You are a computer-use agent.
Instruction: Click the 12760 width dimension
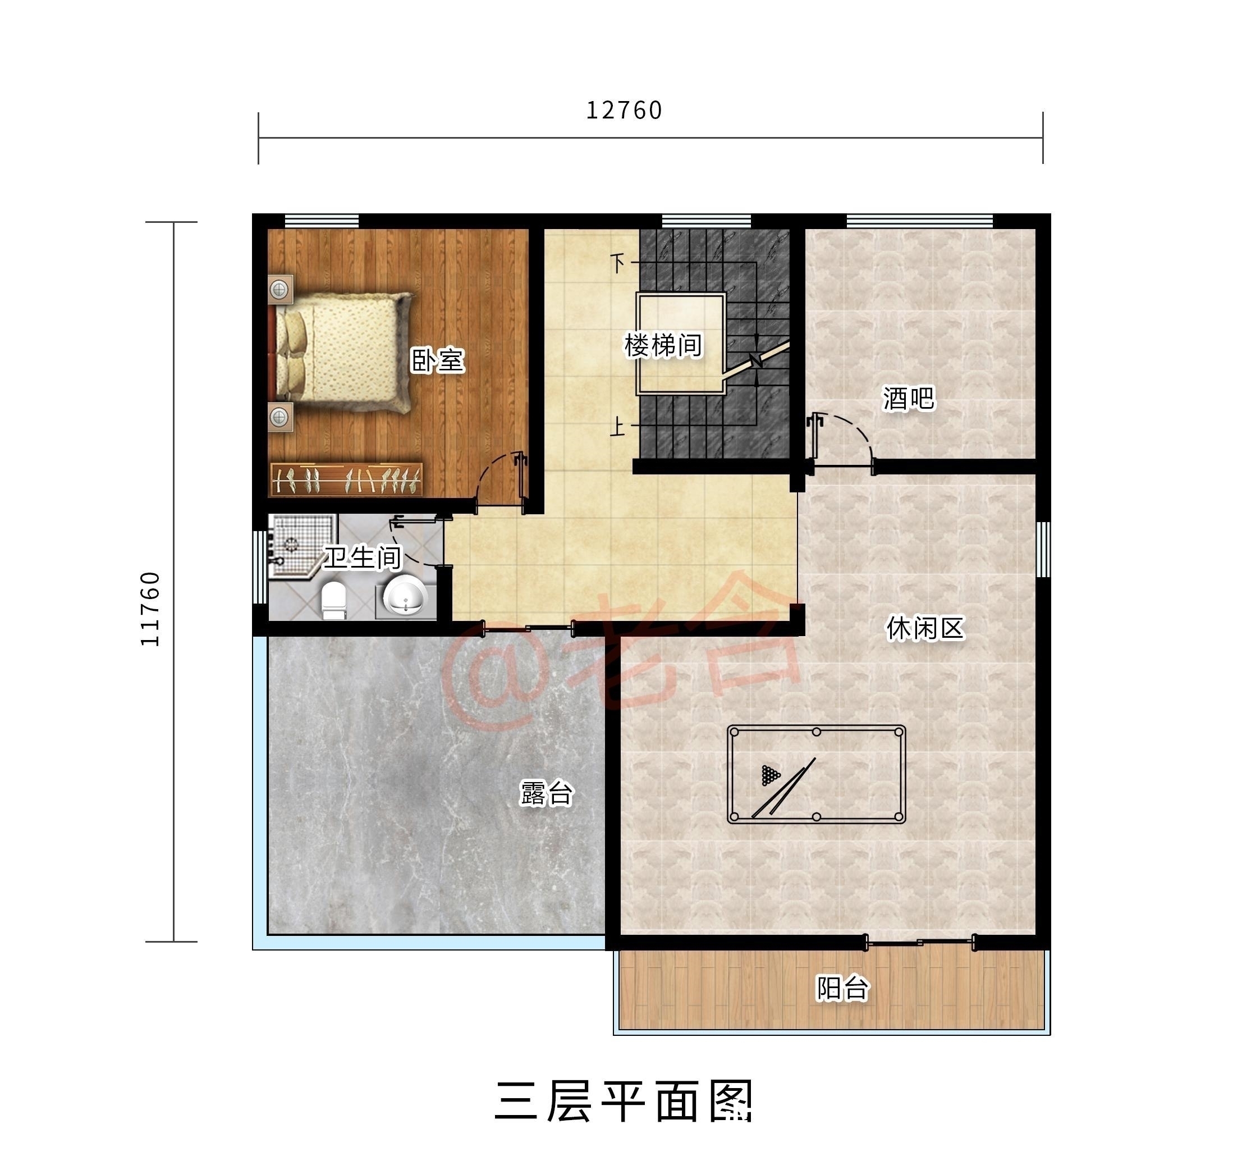coord(624,111)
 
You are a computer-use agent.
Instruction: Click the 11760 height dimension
coord(150,609)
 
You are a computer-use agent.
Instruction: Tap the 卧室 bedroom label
coord(437,360)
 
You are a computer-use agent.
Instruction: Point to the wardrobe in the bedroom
coord(347,479)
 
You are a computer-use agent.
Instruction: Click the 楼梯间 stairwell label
coord(663,345)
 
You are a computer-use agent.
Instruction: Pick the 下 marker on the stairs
coord(617,263)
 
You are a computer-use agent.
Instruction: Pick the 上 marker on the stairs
coord(617,427)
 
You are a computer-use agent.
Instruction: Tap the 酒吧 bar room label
coord(909,399)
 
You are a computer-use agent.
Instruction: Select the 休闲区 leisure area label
coord(925,628)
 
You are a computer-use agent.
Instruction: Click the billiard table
coord(816,774)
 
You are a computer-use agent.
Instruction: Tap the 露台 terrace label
coord(546,793)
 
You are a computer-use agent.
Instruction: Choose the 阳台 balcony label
coord(843,988)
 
